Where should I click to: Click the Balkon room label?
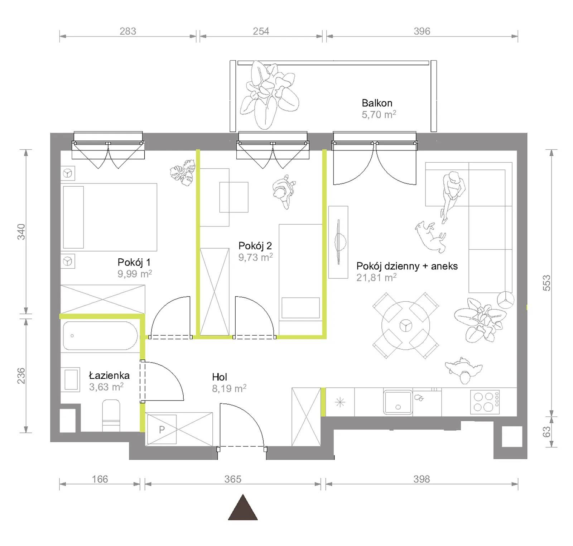377,103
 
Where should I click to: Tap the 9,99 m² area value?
135,274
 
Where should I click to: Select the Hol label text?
219,377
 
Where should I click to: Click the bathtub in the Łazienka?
100,336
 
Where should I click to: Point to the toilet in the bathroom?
111,416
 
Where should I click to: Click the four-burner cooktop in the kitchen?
485,402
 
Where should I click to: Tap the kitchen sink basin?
398,402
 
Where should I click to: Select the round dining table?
406,326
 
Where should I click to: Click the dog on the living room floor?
431,236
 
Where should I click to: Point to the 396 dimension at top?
422,31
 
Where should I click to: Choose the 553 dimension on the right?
546,283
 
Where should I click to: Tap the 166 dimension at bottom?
100,479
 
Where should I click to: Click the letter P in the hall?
162,430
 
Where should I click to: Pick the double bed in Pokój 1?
109,217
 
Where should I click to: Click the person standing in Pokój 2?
284,192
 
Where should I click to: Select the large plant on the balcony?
269,95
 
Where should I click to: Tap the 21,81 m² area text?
376,278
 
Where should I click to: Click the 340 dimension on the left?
21,231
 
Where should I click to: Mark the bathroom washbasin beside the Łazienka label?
71,379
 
